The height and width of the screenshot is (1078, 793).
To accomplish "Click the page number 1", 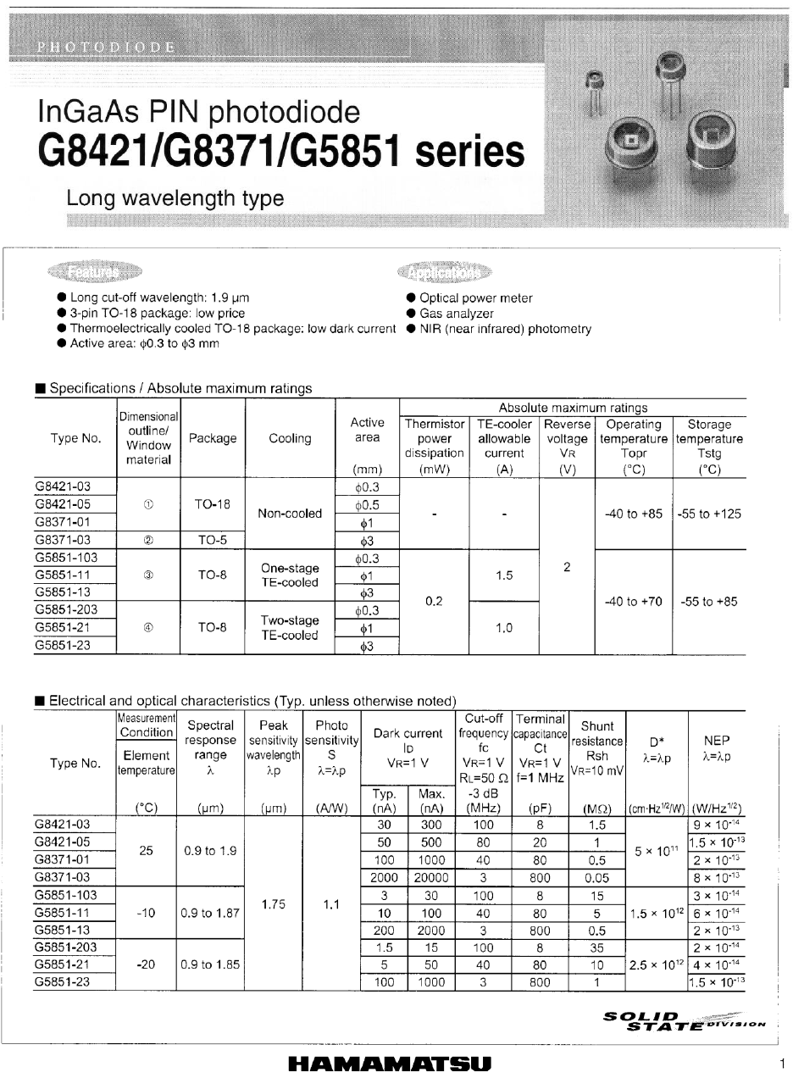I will (782, 1064).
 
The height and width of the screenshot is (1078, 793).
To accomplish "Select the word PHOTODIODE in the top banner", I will (106, 47).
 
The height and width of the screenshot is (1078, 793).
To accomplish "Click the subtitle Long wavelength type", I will (175, 198).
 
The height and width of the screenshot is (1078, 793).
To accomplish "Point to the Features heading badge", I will (95, 272).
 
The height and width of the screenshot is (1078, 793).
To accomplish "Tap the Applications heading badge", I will (443, 272).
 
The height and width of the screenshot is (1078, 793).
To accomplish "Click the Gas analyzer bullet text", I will (457, 314).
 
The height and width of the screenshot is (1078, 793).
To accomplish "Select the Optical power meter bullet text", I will (476, 298).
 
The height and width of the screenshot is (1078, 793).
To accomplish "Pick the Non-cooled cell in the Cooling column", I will (291, 513).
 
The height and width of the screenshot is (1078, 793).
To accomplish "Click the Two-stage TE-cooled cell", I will (291, 628).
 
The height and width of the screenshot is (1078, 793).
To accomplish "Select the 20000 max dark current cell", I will (431, 878).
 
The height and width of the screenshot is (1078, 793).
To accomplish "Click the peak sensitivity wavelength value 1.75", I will (273, 904).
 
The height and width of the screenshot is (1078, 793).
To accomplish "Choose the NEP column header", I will (717, 746).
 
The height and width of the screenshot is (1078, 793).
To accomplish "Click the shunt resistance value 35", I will (597, 947).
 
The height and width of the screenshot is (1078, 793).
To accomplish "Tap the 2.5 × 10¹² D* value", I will (656, 964).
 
